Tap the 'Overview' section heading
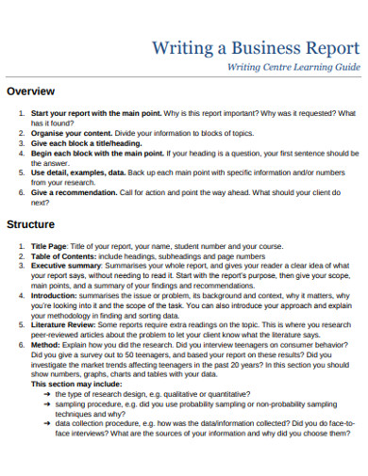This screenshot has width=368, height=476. click(31, 91)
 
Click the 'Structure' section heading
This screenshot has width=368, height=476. click(31, 225)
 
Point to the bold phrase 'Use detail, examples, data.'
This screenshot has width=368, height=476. click(75, 172)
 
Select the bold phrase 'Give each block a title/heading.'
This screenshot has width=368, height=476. click(83, 143)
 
